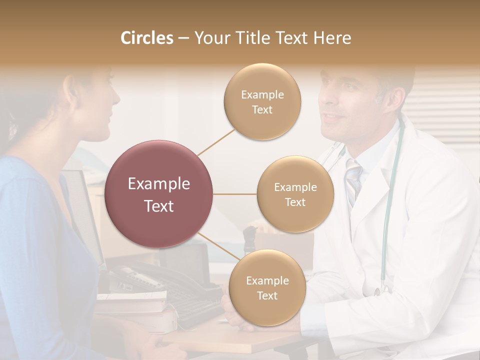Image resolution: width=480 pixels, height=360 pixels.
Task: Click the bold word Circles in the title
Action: [147, 38]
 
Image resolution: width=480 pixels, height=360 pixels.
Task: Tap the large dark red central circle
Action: [159, 194]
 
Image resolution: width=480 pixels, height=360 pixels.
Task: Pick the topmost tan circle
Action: [262, 101]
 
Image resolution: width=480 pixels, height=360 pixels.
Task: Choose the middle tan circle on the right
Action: [295, 194]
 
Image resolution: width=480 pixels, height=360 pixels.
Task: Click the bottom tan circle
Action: [267, 287]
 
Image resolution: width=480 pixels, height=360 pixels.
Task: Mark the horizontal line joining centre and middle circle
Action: [234, 194]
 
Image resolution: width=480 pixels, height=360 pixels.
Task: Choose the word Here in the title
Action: [332, 38]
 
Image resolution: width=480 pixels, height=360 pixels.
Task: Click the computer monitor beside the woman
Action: [82, 210]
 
